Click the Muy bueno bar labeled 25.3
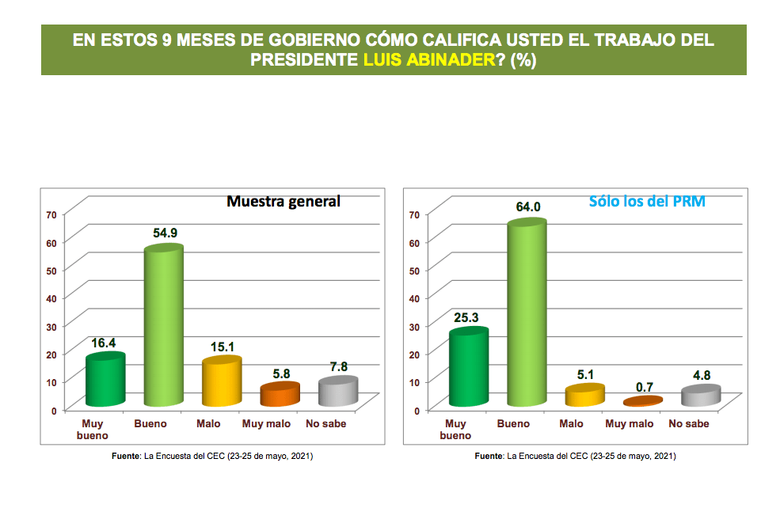(468, 368)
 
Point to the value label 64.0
(527, 207)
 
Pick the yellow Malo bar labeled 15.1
(221, 384)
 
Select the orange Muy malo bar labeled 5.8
(280, 394)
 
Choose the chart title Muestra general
(283, 201)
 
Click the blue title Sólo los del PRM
(647, 201)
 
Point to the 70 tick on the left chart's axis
(51, 214)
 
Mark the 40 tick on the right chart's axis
(413, 298)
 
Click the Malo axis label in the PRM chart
(571, 423)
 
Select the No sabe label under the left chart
(326, 423)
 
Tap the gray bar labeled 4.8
(701, 396)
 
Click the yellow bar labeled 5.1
(584, 396)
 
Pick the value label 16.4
(105, 343)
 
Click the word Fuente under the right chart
(489, 457)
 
